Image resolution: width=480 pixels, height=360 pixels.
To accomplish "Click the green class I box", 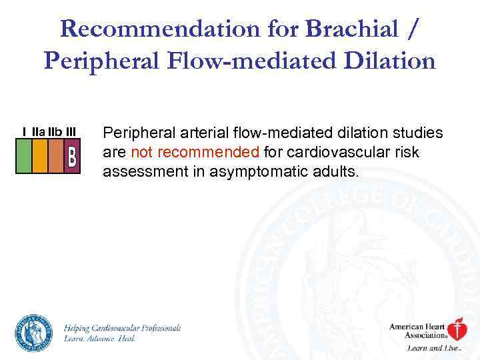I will [24, 156].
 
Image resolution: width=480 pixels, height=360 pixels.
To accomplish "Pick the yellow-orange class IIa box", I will [40, 156].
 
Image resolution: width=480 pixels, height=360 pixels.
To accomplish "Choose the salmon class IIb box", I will [56, 156].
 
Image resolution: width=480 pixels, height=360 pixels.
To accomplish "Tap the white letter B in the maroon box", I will [72, 157].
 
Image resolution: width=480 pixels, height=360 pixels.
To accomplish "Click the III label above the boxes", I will [71, 132].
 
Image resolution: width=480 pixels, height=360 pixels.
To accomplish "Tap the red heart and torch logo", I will [456, 329].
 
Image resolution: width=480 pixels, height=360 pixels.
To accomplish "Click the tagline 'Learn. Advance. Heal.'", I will [99, 339].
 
